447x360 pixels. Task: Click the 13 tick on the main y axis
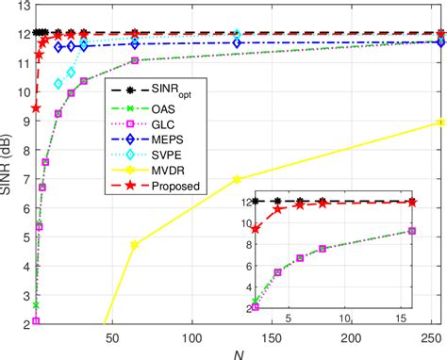[x=23, y=8]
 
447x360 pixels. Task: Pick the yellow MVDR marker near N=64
[x=135, y=245]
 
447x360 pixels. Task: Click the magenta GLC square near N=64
[x=135, y=60]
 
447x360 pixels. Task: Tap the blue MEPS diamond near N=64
[x=135, y=43]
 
